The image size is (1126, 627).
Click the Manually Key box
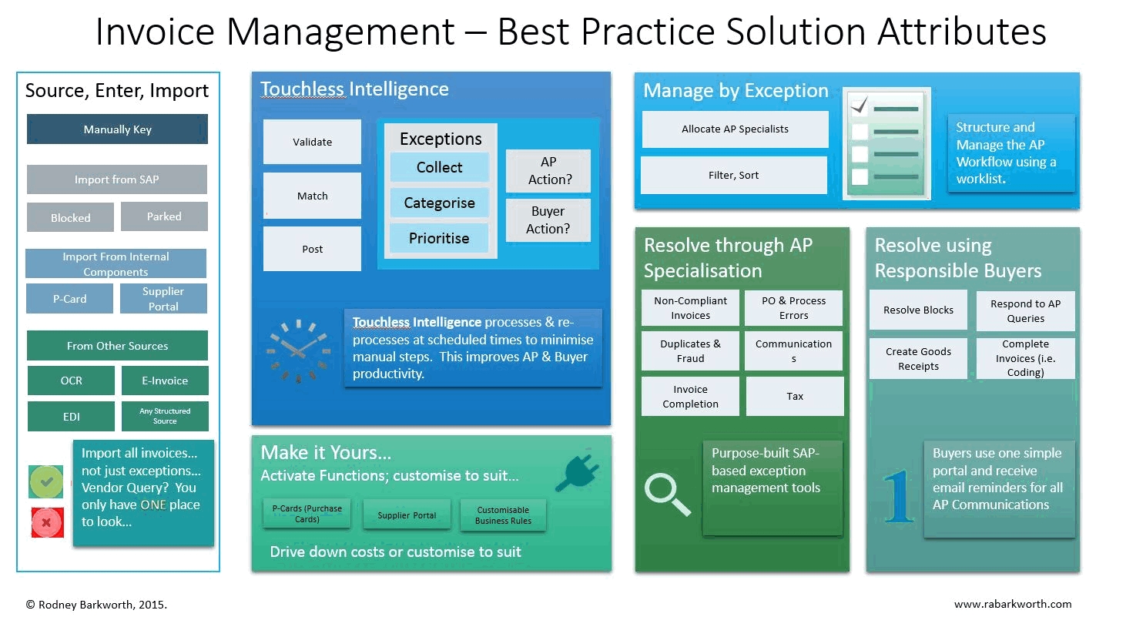(117, 129)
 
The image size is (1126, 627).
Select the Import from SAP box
(117, 179)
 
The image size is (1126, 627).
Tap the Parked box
(164, 216)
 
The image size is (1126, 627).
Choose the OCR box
(71, 381)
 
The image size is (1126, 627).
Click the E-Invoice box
(165, 381)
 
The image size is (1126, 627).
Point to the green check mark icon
(46, 482)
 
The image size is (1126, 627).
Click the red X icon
(47, 522)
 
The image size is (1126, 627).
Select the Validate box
(312, 142)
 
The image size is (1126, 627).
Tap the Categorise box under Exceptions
(439, 203)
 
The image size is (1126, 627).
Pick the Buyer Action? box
(548, 220)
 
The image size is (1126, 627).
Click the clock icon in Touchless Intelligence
(297, 350)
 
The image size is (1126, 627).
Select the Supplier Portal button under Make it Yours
(407, 515)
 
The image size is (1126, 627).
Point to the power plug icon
(577, 471)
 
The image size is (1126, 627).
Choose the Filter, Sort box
(733, 176)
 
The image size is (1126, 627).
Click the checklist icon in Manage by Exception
(886, 143)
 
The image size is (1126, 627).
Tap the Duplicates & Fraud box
(690, 351)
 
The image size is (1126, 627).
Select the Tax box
(795, 397)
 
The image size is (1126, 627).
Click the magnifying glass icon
(667, 494)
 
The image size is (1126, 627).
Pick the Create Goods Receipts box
(918, 359)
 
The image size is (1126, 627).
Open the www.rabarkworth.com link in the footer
(1013, 604)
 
